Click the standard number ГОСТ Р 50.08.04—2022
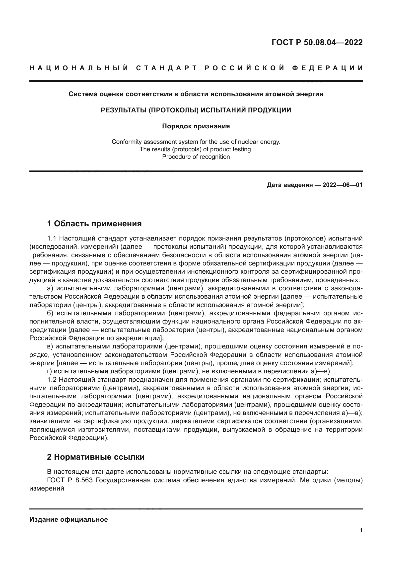[x=317, y=42]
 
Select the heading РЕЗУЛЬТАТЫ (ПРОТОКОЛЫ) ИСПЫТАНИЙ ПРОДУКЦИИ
[x=196, y=110]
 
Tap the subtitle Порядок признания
[x=196, y=126]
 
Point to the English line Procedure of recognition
[x=196, y=157]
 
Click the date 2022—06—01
[x=342, y=185]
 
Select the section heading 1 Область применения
[x=94, y=224]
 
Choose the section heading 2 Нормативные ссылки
[x=96, y=457]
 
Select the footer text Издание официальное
[x=69, y=519]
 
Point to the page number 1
[x=361, y=530]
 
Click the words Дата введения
[x=289, y=185]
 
